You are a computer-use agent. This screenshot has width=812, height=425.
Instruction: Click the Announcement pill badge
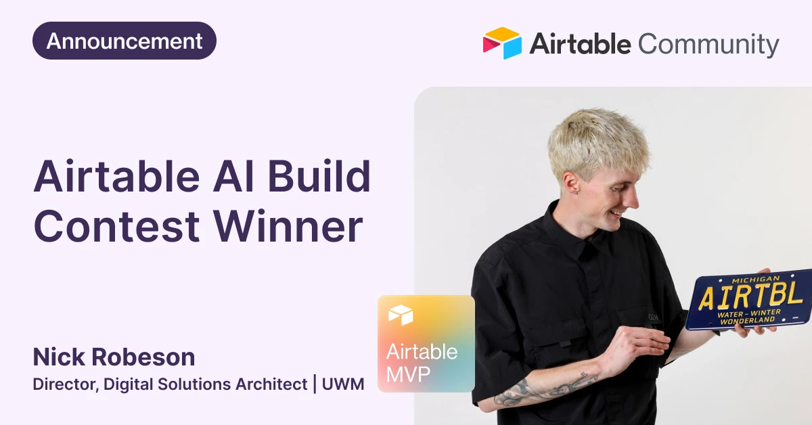pyautogui.click(x=125, y=41)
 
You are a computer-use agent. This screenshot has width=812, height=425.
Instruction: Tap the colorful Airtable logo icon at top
pyautogui.click(x=502, y=43)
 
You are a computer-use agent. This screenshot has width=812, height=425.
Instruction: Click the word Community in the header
pyautogui.click(x=708, y=44)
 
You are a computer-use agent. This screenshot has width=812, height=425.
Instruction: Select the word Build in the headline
pyautogui.click(x=319, y=176)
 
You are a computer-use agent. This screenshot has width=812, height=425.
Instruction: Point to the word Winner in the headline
pyautogui.click(x=288, y=226)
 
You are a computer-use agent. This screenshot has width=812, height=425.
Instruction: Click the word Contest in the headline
pyautogui.click(x=116, y=226)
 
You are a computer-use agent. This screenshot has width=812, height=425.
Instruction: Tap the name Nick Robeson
pyautogui.click(x=114, y=357)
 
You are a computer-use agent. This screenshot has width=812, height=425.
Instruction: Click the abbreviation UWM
pyautogui.click(x=343, y=384)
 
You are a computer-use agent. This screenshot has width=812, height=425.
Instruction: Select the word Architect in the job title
pyautogui.click(x=271, y=384)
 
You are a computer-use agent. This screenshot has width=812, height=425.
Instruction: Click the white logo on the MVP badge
pyautogui.click(x=401, y=315)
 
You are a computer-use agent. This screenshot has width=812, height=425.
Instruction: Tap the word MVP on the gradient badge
pyautogui.click(x=408, y=374)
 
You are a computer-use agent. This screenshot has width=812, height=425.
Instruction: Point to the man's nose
pyautogui.click(x=633, y=199)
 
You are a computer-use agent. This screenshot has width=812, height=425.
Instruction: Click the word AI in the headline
pyautogui.click(x=233, y=176)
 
